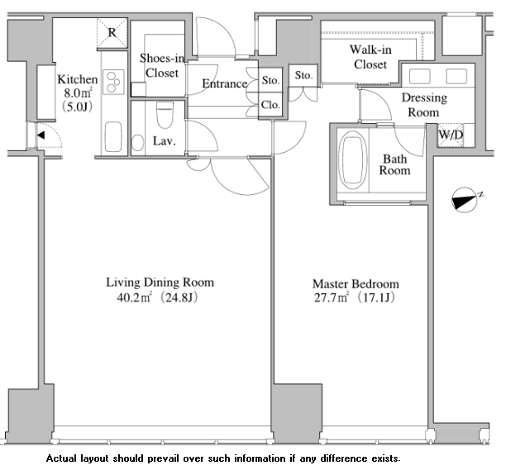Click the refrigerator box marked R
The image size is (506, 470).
pos(112,32)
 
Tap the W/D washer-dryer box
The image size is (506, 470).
pos(451,135)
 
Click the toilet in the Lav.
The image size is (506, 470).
pos(165,115)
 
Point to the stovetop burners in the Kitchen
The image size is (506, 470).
pos(113,82)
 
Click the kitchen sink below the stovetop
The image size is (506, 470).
pos(113,136)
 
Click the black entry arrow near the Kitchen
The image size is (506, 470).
pos(41,135)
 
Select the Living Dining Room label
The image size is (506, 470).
pos(160,282)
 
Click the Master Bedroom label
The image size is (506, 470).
pos(356,284)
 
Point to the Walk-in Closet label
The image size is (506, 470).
pos(370,57)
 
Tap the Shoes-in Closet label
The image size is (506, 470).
pos(162,65)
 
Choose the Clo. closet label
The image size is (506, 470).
pos(270,105)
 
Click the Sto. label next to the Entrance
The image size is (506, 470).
pos(270,80)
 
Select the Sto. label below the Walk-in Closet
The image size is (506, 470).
pos(303,75)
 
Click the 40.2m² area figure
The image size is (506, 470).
pos(134,297)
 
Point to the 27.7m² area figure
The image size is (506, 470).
pos(332,297)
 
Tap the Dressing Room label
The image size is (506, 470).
pos(424,105)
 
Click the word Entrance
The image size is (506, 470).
pos(225,83)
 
